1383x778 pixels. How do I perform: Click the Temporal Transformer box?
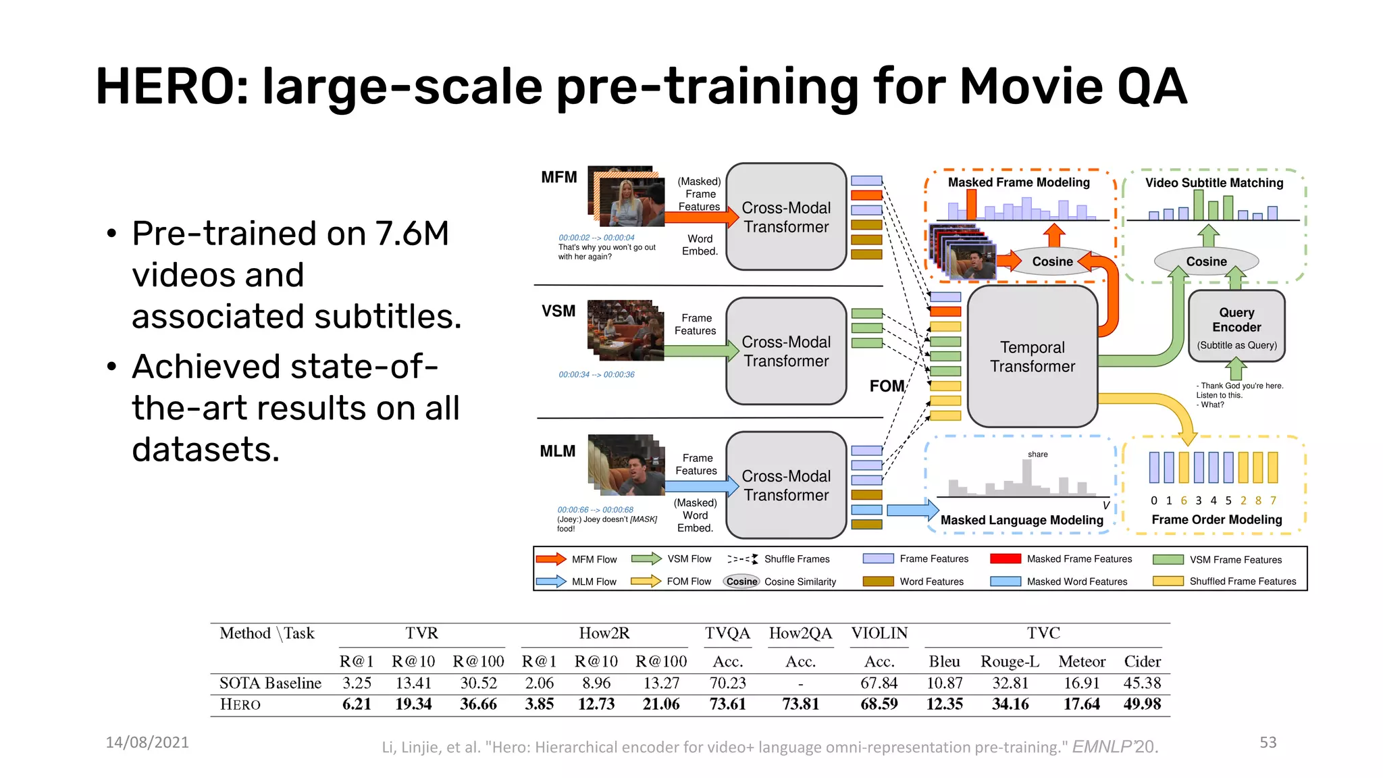tap(1032, 357)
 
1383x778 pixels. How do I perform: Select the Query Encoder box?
tap(1236, 327)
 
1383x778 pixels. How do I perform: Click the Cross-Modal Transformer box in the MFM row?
tap(786, 217)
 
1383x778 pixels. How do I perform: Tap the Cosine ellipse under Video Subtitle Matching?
tap(1206, 261)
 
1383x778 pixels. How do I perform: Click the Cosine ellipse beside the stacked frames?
tap(1052, 261)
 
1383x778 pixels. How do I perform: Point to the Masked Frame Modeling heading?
tap(1018, 182)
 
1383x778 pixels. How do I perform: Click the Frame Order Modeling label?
tap(1216, 519)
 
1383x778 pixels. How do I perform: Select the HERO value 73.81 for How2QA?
tap(800, 704)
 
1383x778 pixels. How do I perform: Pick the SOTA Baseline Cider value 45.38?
tap(1142, 683)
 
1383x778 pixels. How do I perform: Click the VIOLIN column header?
tap(879, 633)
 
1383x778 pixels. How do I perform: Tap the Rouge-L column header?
tap(1010, 661)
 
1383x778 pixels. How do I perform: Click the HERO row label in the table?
tap(240, 704)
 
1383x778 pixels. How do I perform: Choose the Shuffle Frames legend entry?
tap(797, 559)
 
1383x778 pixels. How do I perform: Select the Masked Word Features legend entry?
tap(1076, 581)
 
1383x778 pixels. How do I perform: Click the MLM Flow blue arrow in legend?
tap(551, 581)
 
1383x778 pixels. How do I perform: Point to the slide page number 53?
tap(1268, 742)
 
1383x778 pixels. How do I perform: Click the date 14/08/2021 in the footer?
tap(147, 742)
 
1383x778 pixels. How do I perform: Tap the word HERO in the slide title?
tap(172, 86)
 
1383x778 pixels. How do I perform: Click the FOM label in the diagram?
tap(887, 386)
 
